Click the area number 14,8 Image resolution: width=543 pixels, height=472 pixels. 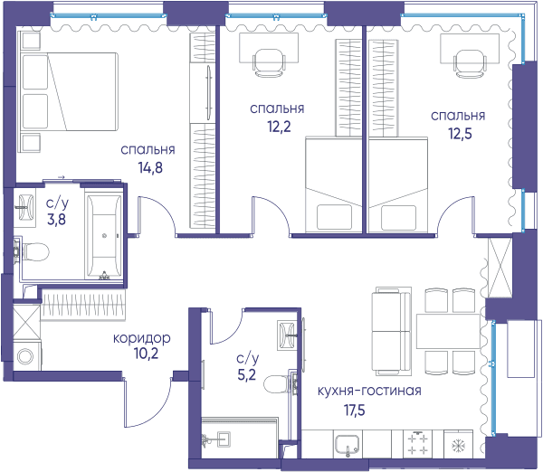click(150, 168)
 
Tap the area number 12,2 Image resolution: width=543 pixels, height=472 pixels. click(279, 127)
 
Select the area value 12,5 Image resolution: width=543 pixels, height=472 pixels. click(461, 134)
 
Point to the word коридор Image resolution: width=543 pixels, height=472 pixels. click(142, 338)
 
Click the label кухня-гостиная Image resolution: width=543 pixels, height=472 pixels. click(369, 391)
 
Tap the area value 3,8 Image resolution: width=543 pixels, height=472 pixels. click(56, 220)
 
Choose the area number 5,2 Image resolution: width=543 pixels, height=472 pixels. click(247, 374)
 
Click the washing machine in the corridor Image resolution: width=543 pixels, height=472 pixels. click(27, 355)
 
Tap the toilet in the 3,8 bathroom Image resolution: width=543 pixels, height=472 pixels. click(32, 251)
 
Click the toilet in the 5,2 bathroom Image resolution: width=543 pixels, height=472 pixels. click(280, 383)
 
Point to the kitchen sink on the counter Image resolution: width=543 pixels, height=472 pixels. click(347, 446)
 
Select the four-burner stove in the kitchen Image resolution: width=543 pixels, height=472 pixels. click(418, 444)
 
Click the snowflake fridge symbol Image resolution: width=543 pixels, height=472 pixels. click(458, 446)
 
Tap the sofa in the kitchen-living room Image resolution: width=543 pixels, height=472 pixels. click(392, 331)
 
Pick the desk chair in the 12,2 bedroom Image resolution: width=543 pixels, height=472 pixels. click(269, 62)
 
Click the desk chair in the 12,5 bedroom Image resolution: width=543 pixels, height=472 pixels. click(470, 63)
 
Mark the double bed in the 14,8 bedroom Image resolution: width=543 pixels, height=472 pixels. click(69, 91)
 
